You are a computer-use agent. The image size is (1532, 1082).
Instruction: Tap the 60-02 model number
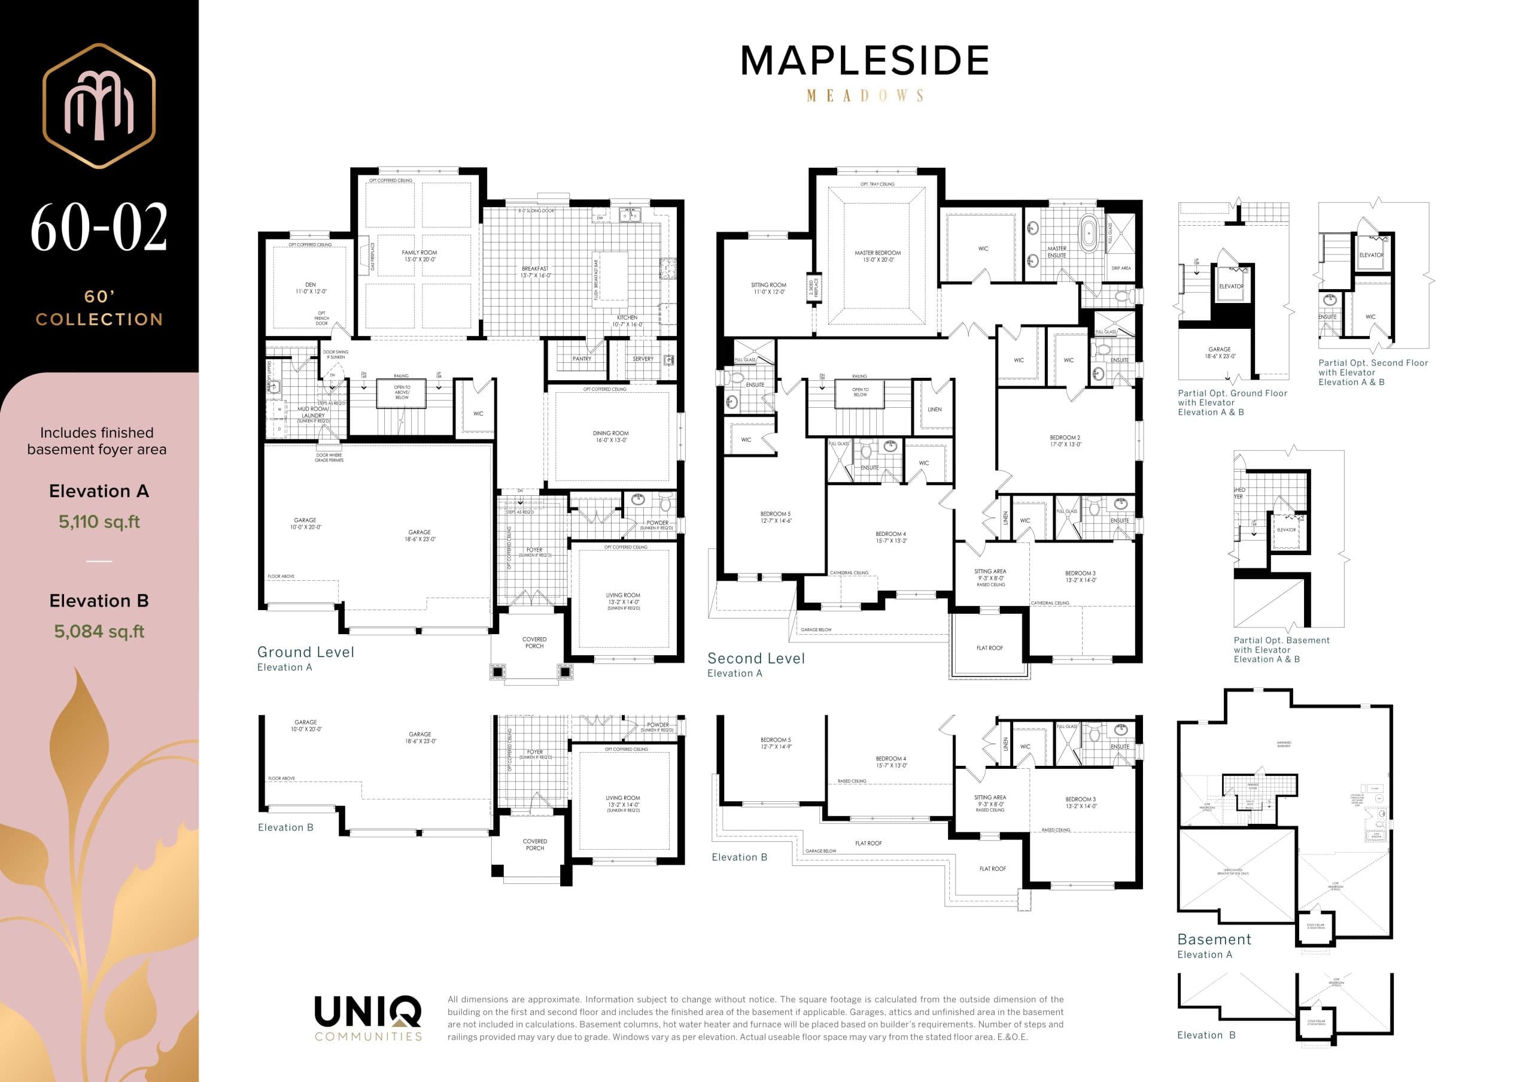click(x=99, y=228)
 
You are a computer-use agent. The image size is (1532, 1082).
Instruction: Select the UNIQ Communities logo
click(x=367, y=1017)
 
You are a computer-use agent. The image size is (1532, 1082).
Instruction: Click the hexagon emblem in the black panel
click(x=99, y=105)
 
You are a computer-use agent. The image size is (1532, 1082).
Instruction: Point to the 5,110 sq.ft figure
click(x=99, y=522)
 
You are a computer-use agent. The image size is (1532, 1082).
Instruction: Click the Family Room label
click(x=419, y=256)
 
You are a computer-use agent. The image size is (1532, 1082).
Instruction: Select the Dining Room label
click(x=610, y=437)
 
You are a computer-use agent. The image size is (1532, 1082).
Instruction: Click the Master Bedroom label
click(x=877, y=256)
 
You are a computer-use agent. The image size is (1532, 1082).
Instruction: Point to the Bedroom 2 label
click(x=1065, y=441)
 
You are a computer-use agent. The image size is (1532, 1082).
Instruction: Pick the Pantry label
click(x=581, y=359)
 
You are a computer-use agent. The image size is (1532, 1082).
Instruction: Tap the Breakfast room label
click(x=535, y=272)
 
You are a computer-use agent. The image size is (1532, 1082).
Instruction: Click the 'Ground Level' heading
click(x=306, y=651)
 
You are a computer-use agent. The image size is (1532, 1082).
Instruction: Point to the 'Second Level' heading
click(x=756, y=658)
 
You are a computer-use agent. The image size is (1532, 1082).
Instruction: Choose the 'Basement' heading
click(x=1214, y=939)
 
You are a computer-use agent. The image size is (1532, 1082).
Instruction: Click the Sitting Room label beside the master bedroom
click(x=768, y=287)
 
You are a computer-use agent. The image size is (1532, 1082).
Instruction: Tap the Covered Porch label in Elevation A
click(x=534, y=642)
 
